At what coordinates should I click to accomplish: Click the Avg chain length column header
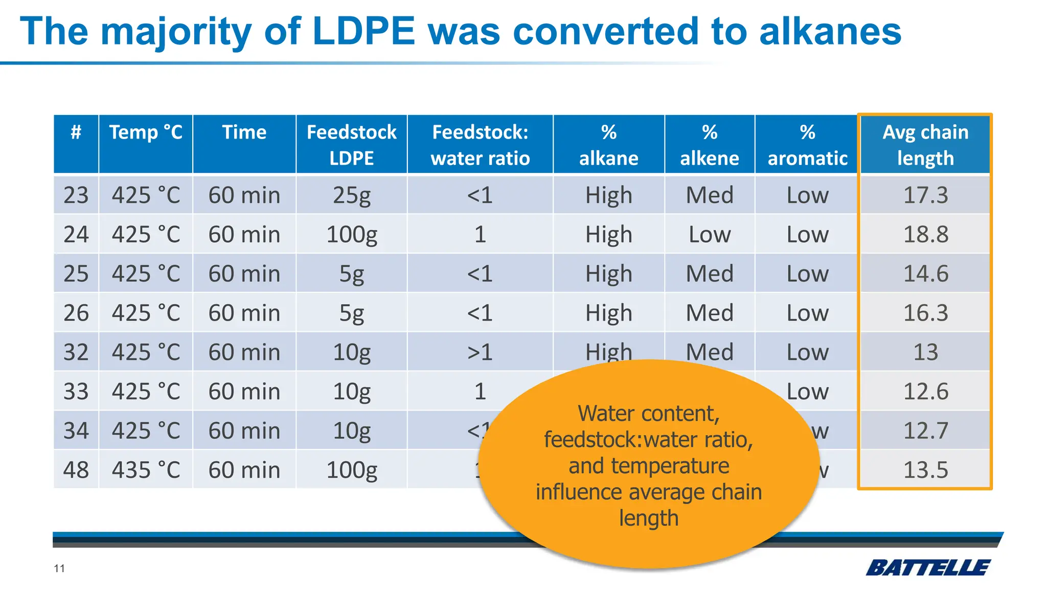pos(925,145)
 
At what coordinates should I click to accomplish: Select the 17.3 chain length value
pos(925,195)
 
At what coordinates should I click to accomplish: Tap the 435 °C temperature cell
pos(146,470)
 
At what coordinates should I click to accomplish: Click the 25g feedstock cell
pos(352,195)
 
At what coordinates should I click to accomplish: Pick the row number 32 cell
pos(76,352)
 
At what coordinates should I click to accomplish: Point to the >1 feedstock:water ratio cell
pos(480,352)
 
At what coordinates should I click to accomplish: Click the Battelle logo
pos(928,568)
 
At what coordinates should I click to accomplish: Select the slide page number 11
pos(59,569)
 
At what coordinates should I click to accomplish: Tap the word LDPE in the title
pos(363,32)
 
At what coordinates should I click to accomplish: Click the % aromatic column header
pos(807,145)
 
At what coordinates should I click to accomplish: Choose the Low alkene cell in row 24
pos(710,235)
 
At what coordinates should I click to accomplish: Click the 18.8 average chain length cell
pos(925,235)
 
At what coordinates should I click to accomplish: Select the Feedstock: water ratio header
pos(480,145)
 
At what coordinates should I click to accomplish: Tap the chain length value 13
pos(925,352)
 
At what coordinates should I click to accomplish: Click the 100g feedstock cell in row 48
pos(352,470)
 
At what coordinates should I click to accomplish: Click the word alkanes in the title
pos(830,32)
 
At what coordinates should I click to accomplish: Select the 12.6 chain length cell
pos(925,392)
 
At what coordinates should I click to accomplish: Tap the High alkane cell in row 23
pos(608,195)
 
